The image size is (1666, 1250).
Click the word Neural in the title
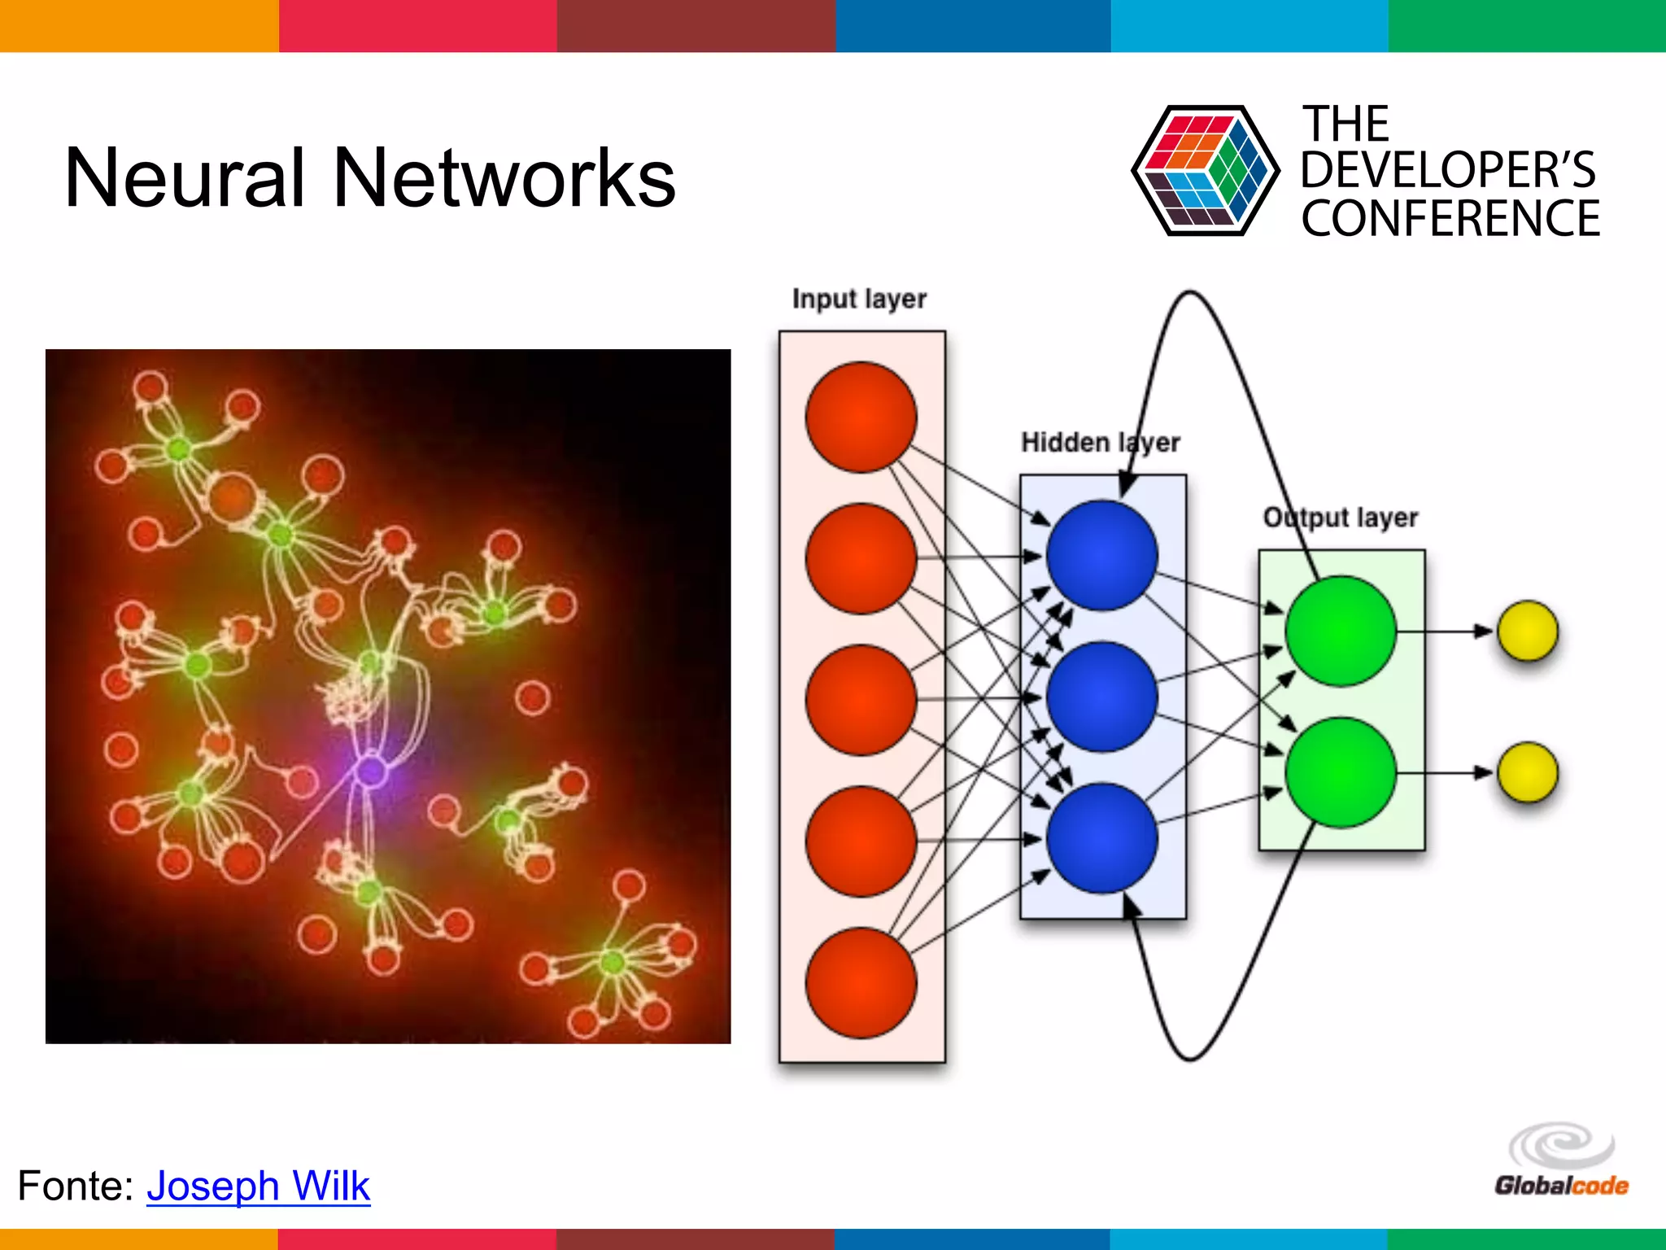pyautogui.click(x=184, y=177)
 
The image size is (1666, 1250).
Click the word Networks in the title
pyautogui.click(x=504, y=177)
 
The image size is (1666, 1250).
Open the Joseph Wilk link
pyautogui.click(x=258, y=1186)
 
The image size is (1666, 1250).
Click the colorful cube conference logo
pyautogui.click(x=1204, y=171)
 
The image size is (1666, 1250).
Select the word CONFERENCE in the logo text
pyautogui.click(x=1450, y=218)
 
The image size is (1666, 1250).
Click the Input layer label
pyautogui.click(x=859, y=299)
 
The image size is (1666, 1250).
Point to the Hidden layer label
pyautogui.click(x=1100, y=442)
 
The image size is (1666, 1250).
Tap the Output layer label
pyautogui.click(x=1340, y=517)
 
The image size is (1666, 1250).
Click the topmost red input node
pyautogui.click(x=861, y=417)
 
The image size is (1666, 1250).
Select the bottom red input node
pyautogui.click(x=861, y=983)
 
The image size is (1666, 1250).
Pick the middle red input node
pyautogui.click(x=861, y=700)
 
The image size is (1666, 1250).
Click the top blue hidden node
pyautogui.click(x=1101, y=555)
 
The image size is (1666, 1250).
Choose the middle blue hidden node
pyautogui.click(x=1101, y=697)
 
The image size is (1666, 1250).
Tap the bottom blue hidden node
pyautogui.click(x=1101, y=838)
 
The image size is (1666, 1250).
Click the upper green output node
pyautogui.click(x=1341, y=631)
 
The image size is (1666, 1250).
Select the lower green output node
pyautogui.click(x=1341, y=772)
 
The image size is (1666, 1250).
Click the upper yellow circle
pyautogui.click(x=1528, y=631)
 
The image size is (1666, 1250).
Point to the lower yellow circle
pyautogui.click(x=1528, y=772)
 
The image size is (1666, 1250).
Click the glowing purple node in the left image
pyautogui.click(x=372, y=770)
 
